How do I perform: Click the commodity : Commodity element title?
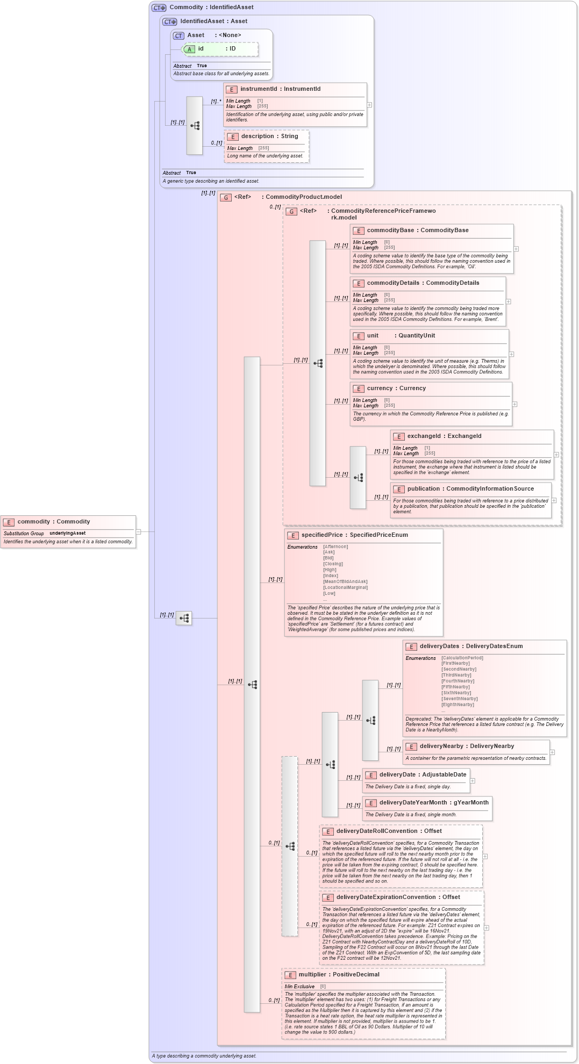[53, 522]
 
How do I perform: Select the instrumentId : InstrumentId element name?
[280, 89]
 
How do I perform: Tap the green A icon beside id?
[189, 49]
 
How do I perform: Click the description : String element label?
[269, 136]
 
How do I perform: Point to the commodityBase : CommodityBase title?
[417, 231]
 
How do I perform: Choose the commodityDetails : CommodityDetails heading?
[423, 283]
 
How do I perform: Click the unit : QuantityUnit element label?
[401, 336]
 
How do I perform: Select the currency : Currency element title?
[396, 389]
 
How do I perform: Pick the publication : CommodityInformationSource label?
[470, 489]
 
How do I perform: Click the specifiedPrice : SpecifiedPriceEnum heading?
[354, 535]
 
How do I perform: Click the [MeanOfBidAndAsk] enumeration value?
[345, 581]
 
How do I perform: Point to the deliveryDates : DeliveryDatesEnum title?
[470, 646]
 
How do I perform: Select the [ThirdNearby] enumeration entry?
[456, 675]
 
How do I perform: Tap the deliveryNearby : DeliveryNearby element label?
[466, 746]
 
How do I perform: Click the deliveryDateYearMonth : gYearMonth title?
[433, 803]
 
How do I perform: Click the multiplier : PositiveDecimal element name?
[339, 975]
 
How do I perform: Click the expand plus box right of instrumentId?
[369, 105]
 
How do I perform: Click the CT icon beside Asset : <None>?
[179, 36]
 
